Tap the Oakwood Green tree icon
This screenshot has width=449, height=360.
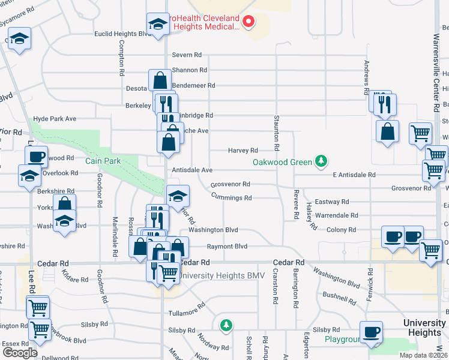(322, 161)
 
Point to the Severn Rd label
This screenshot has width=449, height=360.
(189, 55)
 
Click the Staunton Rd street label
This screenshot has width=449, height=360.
(277, 132)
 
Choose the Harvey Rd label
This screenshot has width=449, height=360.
(243, 150)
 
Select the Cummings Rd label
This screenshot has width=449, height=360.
(231, 197)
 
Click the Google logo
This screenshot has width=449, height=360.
(20, 353)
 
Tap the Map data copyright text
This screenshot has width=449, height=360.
(423, 356)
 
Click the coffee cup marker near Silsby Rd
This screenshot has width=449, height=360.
(371, 332)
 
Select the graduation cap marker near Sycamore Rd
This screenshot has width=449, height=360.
(20, 40)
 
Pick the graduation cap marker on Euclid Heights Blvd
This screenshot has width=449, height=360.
(158, 25)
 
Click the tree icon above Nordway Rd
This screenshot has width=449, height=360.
(226, 325)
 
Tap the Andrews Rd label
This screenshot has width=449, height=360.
(366, 77)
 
